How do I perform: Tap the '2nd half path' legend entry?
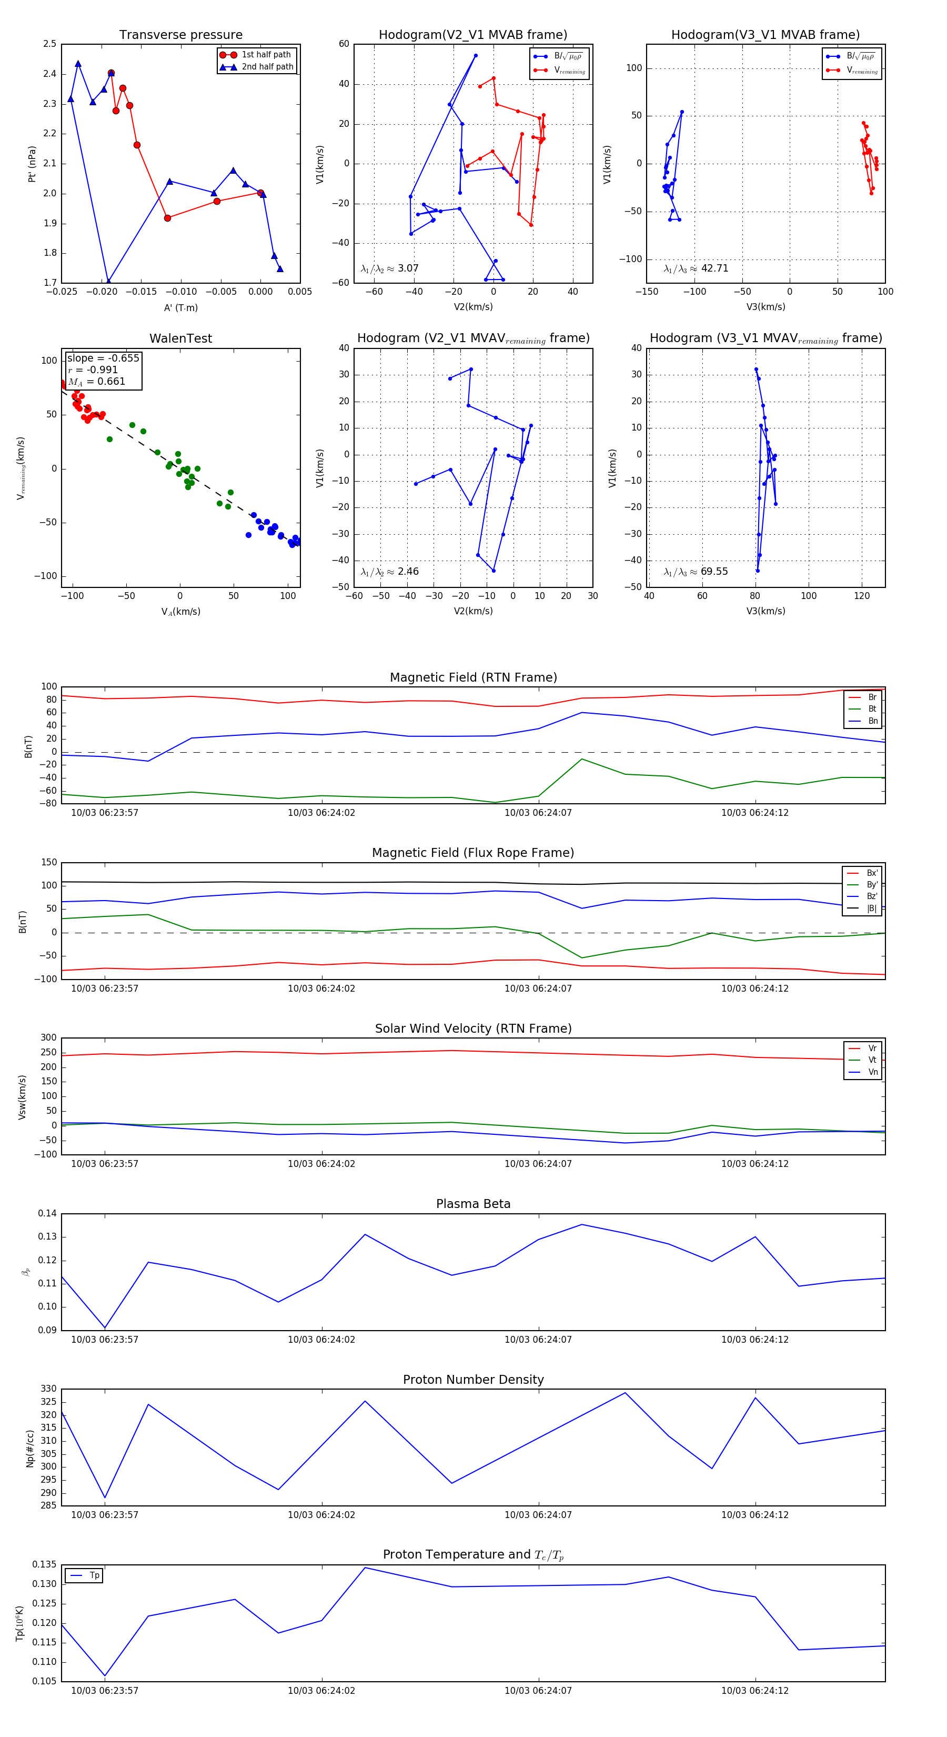[x=267, y=67]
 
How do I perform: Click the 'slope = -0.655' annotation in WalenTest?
[x=103, y=358]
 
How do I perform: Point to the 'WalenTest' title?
[x=180, y=338]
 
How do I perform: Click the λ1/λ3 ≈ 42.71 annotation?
[x=696, y=268]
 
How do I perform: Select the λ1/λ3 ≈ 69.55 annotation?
[x=696, y=572]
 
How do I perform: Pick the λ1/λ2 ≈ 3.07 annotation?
[x=389, y=268]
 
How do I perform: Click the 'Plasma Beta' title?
[x=473, y=1204]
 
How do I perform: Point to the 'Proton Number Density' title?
[x=473, y=1380]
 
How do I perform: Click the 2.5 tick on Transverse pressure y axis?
[x=49, y=44]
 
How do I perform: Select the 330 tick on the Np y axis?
[x=48, y=1389]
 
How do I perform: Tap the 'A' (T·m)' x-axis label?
[x=180, y=308]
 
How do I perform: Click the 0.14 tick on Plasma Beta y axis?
[x=47, y=1214]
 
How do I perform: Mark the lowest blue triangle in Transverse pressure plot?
[x=108, y=281]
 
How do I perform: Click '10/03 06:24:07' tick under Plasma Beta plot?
[x=538, y=1340]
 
